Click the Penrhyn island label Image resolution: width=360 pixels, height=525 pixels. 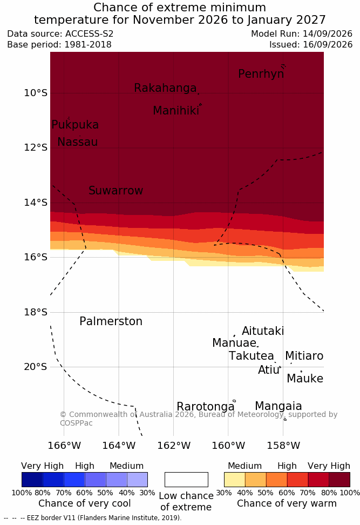point(261,74)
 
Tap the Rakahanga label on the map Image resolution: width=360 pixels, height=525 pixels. point(165,87)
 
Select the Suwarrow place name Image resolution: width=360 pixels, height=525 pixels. point(116,191)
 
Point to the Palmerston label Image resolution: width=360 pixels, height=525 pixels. point(111,321)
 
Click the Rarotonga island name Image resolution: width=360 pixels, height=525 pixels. point(206,407)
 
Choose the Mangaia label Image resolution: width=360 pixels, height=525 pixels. point(279,406)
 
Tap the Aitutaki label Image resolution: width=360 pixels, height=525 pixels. point(263,331)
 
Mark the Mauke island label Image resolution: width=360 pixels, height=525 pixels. point(305,378)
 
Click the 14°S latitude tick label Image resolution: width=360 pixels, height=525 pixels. point(36,203)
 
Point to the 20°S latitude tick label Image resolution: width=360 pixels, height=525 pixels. point(36,367)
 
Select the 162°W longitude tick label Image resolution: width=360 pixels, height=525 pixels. point(174,446)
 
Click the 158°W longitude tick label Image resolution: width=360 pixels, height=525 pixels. point(283,446)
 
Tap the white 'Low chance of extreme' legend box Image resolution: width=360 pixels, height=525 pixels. point(186,480)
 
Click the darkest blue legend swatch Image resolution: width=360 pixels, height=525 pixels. point(32,480)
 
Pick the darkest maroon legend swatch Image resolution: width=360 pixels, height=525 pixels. point(339,480)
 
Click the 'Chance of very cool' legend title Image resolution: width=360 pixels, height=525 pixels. point(84,503)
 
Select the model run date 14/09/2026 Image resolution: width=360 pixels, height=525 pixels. point(328,34)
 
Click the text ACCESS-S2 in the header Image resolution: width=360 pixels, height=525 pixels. point(90,34)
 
